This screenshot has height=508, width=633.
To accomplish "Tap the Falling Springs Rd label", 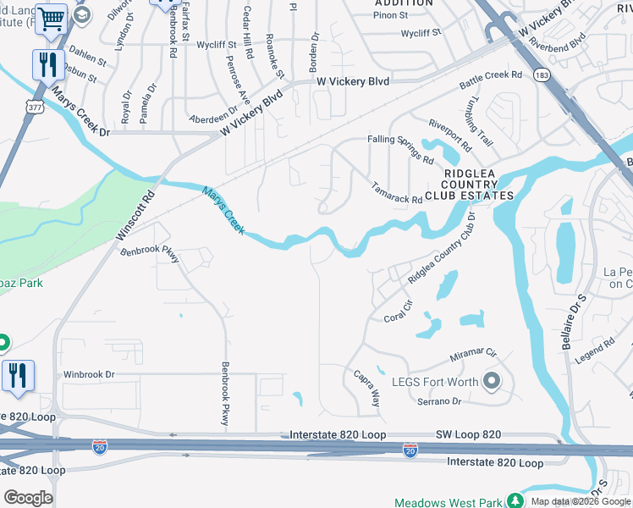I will pyautogui.click(x=400, y=149).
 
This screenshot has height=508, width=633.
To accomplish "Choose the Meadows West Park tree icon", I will pyautogui.click(x=515, y=501).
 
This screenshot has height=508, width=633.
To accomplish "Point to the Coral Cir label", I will pyautogui.click(x=398, y=312).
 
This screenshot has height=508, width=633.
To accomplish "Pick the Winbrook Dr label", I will pyautogui.click(x=88, y=373).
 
